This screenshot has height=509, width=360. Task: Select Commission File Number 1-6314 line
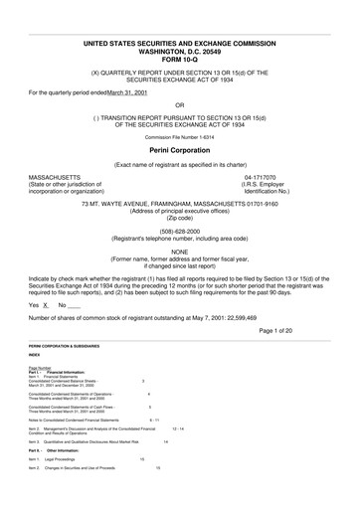(x=179, y=136)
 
